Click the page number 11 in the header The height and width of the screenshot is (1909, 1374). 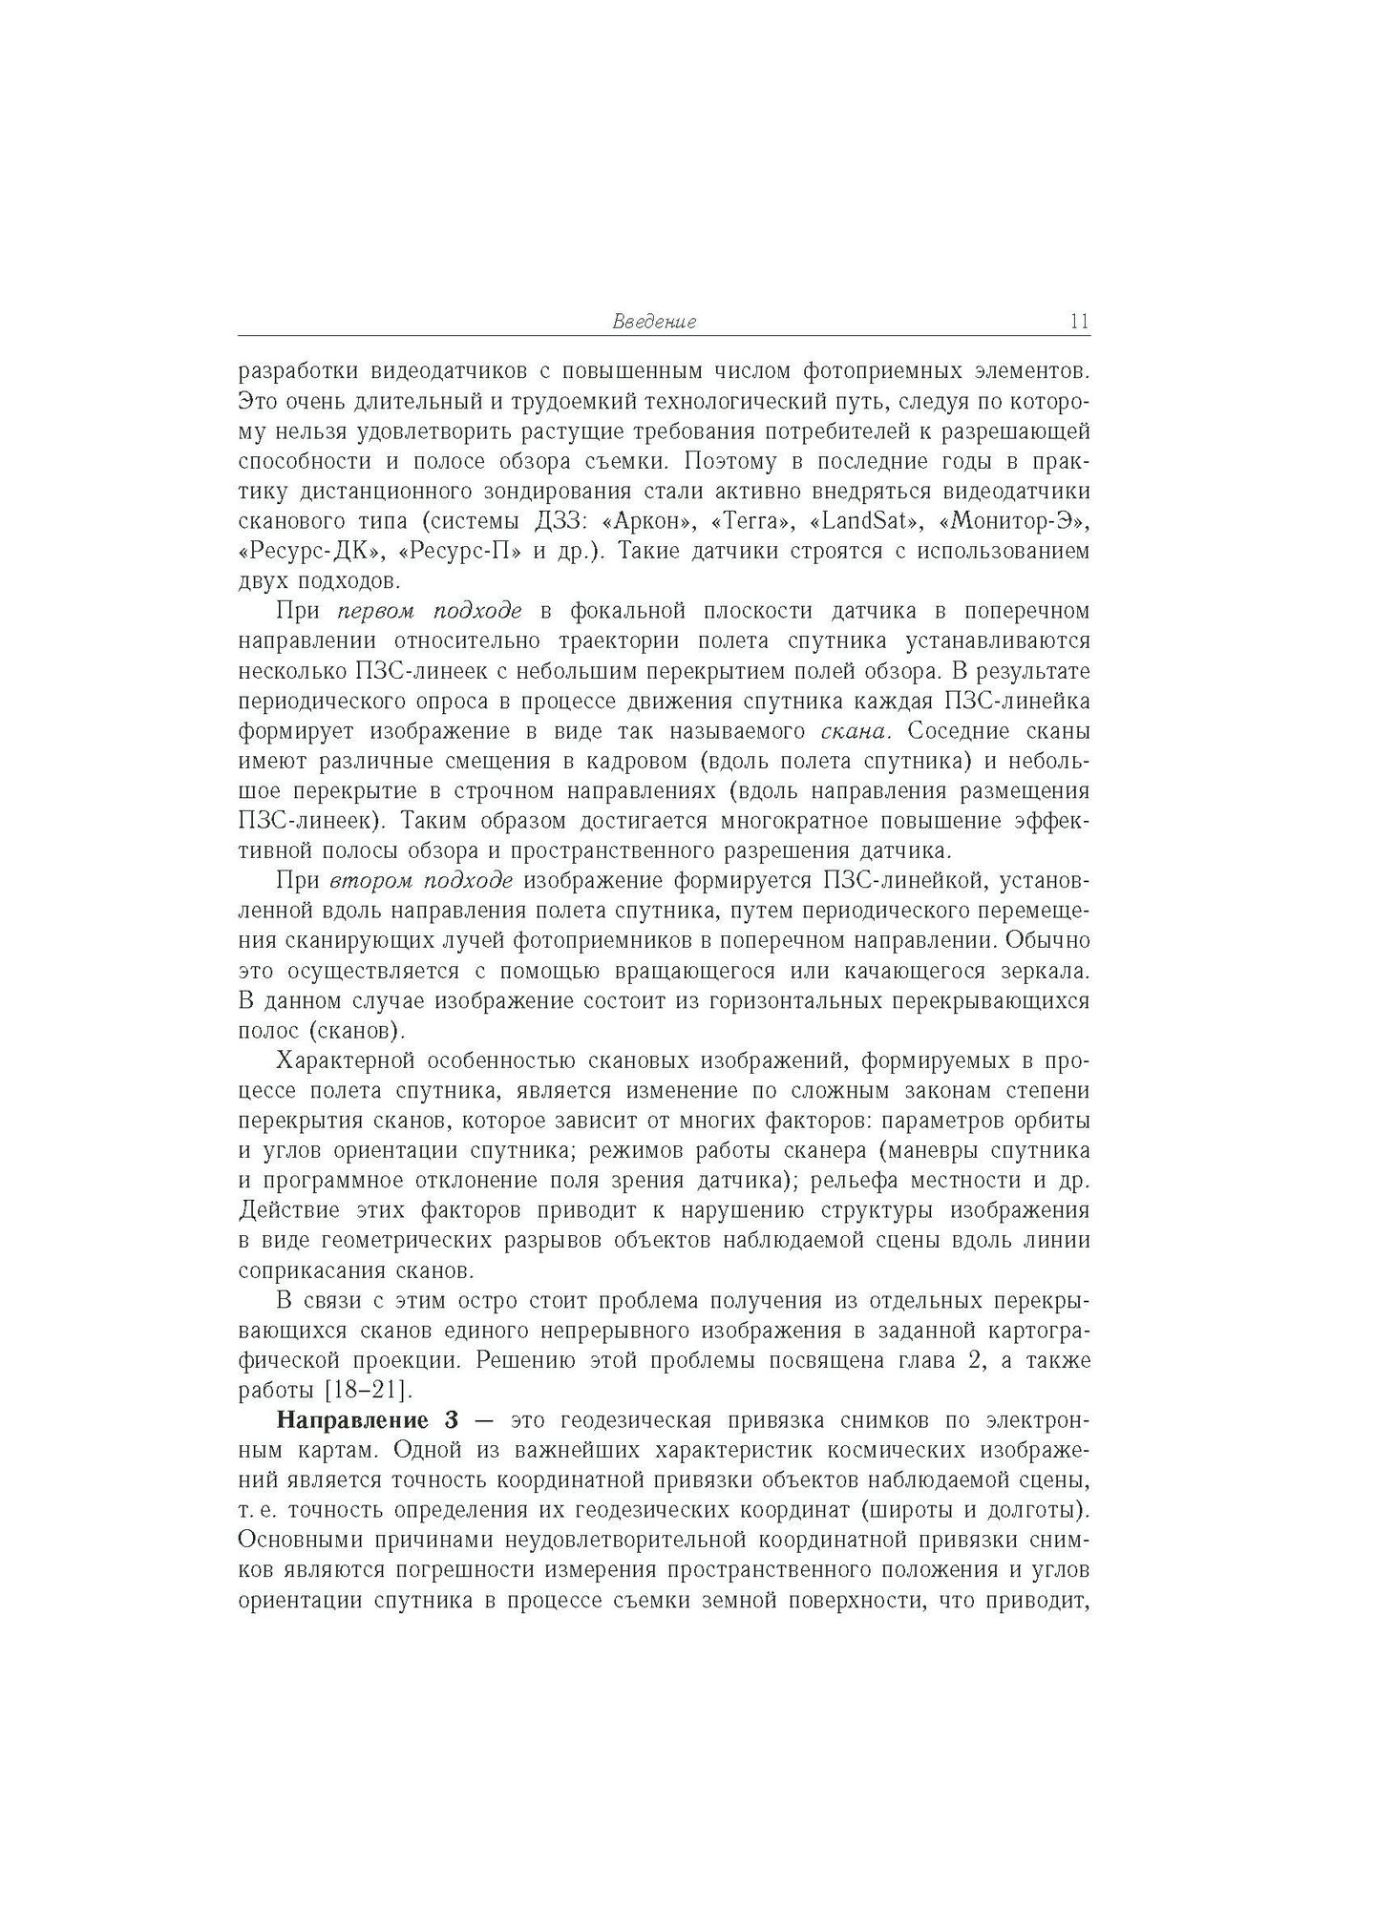[x=1079, y=322]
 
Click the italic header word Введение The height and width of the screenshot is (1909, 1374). [x=654, y=322]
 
